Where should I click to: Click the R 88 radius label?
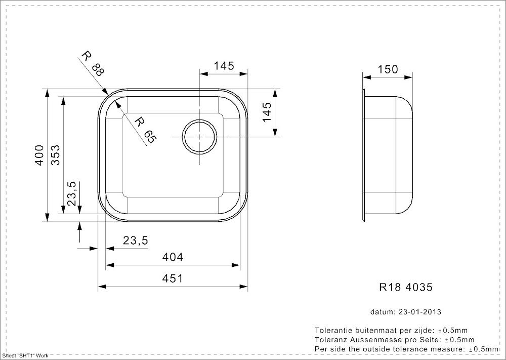coord(93,64)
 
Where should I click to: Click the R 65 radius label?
coord(145,130)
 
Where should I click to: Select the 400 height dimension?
coord(39,155)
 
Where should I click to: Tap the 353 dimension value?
coord(56,155)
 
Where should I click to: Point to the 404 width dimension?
coord(173,257)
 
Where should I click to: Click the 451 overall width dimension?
coord(173,278)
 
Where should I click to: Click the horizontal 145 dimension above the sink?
coord(224,66)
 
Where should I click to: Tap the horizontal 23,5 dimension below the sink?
coord(136,241)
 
